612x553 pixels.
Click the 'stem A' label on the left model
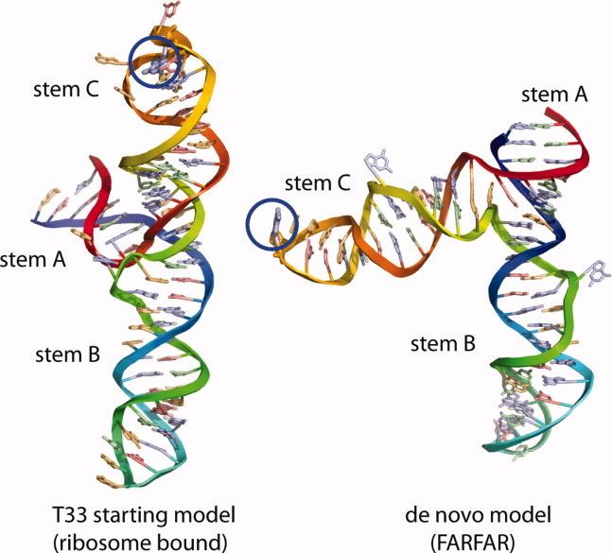[31, 256]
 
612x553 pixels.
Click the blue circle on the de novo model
[271, 228]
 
